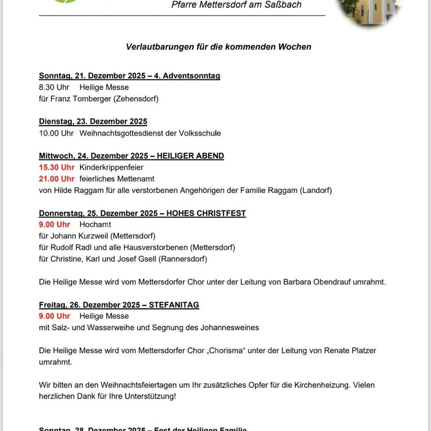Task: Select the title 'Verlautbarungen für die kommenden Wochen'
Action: (x=219, y=47)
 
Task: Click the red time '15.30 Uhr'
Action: (x=57, y=167)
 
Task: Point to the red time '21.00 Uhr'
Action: (x=57, y=179)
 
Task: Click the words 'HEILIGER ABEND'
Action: (x=190, y=156)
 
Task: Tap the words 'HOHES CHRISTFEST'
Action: (x=206, y=213)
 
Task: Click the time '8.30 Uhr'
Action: (x=54, y=88)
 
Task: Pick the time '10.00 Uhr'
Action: (x=56, y=134)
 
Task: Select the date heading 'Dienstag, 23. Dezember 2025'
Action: (x=93, y=121)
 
